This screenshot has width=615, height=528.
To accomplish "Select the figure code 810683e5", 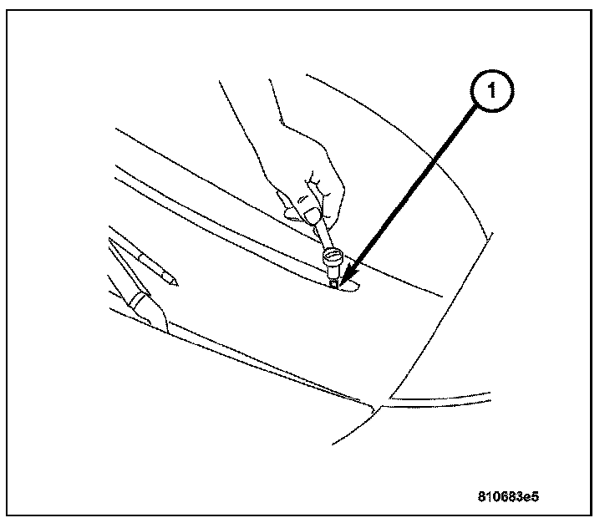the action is click(508, 496).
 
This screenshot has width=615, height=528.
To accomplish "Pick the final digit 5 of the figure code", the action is click(535, 496).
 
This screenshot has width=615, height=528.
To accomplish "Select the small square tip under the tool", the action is click(333, 282).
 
